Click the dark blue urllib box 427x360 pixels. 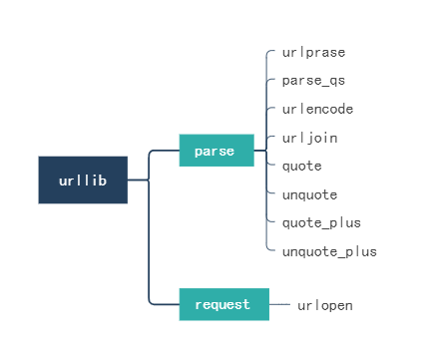pyautogui.click(x=83, y=180)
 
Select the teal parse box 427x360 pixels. pyautogui.click(x=216, y=151)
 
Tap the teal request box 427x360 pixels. pyautogui.click(x=224, y=304)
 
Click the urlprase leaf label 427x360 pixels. pyautogui.click(x=313, y=52)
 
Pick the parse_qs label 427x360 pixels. pyautogui.click(x=313, y=80)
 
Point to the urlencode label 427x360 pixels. pyautogui.click(x=317, y=109)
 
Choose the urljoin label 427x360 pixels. pyautogui.click(x=309, y=137)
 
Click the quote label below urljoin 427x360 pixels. pyautogui.click(x=301, y=166)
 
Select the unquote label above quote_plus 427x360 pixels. pyautogui.click(x=309, y=194)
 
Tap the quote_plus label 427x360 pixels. pyautogui.click(x=321, y=222)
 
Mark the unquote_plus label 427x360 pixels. pyautogui.click(x=329, y=251)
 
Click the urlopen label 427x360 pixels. pyautogui.click(x=325, y=305)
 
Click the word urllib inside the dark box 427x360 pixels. pyautogui.click(x=83, y=180)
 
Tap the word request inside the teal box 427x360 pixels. pyautogui.click(x=222, y=304)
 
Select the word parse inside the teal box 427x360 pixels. pyautogui.click(x=214, y=152)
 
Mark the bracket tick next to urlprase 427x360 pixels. pyautogui.click(x=270, y=50)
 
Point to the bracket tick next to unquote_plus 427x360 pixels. pyautogui.click(x=270, y=250)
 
